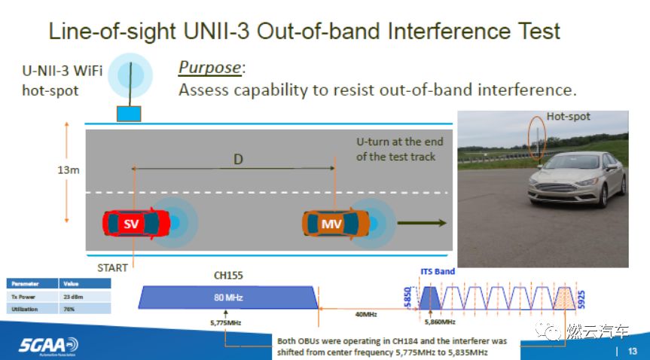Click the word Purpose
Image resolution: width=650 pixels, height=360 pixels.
click(x=210, y=67)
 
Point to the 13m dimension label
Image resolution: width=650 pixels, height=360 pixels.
click(x=68, y=170)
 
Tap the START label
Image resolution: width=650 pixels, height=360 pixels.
click(x=113, y=267)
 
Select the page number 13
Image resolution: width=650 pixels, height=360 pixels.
click(x=632, y=350)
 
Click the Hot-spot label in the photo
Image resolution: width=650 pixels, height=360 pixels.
click(x=569, y=117)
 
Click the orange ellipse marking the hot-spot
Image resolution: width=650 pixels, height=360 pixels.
click(x=536, y=137)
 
